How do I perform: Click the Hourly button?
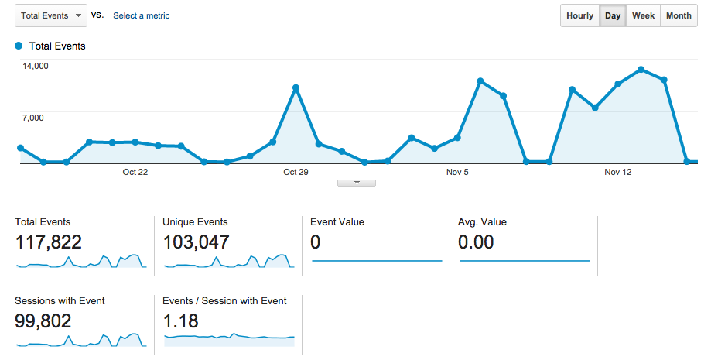click(x=579, y=15)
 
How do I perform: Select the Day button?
click(x=613, y=15)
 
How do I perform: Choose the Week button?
click(x=643, y=15)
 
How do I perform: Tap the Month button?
click(x=679, y=15)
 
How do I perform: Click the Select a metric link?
click(x=141, y=15)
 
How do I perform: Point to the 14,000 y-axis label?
click(x=36, y=66)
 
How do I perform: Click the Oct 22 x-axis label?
click(x=135, y=173)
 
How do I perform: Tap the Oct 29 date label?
click(x=296, y=173)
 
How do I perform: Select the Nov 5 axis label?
click(x=457, y=173)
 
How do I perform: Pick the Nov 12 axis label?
click(x=617, y=173)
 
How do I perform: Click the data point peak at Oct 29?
click(x=296, y=87)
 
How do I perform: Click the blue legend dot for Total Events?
click(x=19, y=46)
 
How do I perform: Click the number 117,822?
click(x=48, y=242)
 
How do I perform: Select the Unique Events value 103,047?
click(x=196, y=242)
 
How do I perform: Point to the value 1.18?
click(x=181, y=321)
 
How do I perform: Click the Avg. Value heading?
click(x=482, y=222)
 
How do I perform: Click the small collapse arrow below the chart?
click(x=357, y=183)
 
